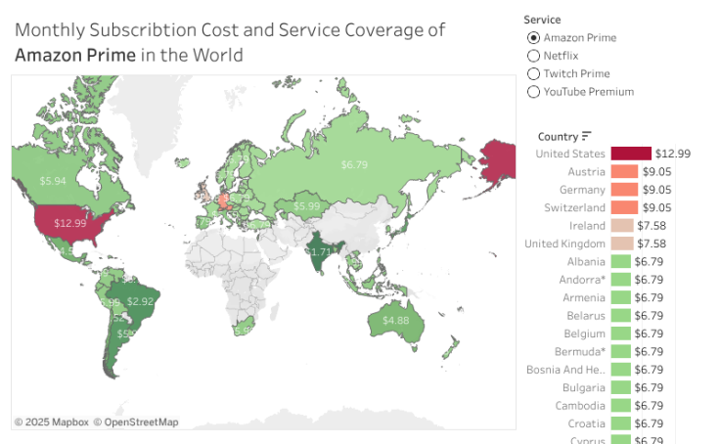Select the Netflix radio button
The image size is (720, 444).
click(x=533, y=56)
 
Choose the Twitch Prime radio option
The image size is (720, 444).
click(x=533, y=73)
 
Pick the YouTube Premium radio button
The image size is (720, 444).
click(x=533, y=92)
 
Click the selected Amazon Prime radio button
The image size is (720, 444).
click(x=533, y=38)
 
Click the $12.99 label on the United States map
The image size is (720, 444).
click(x=70, y=223)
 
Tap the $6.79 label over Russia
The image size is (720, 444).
click(x=354, y=164)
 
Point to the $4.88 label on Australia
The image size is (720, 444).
click(x=396, y=321)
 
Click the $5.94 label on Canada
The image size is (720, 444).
click(x=53, y=181)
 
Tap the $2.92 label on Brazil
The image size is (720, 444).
click(x=141, y=301)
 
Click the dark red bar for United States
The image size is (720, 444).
click(x=631, y=154)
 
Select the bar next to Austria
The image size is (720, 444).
click(x=624, y=171)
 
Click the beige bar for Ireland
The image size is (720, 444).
click(x=620, y=226)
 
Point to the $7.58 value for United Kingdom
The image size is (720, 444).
click(x=652, y=244)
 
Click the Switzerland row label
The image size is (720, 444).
click(x=574, y=207)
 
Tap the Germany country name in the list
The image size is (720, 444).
click(x=582, y=190)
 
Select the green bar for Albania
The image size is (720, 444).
click(x=620, y=262)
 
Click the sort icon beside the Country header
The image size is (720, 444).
click(x=587, y=137)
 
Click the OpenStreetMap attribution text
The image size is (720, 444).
click(x=136, y=422)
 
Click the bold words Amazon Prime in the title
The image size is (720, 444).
click(x=75, y=55)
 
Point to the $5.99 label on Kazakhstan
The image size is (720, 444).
click(x=307, y=206)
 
